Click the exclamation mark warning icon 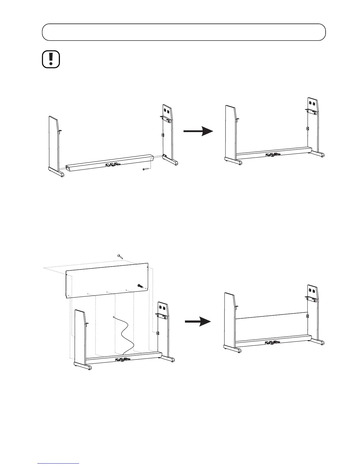(x=51, y=59)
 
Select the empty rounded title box (x=184, y=32)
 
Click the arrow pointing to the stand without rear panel (x=198, y=131)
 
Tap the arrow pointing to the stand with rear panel (x=198, y=322)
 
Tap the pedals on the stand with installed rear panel (x=272, y=342)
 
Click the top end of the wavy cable (x=114, y=317)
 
